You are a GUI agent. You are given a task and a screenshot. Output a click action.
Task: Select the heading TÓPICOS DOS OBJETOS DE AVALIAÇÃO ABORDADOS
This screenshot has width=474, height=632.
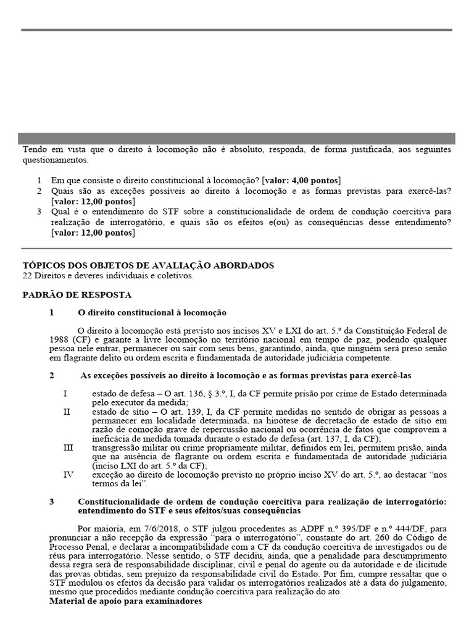(x=148, y=265)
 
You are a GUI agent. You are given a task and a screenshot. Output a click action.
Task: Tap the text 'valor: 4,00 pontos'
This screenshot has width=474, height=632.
(x=301, y=180)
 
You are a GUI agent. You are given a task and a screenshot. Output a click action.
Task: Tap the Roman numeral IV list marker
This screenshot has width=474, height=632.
(x=69, y=475)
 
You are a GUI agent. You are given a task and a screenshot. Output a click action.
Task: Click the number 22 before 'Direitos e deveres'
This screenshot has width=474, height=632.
(x=28, y=276)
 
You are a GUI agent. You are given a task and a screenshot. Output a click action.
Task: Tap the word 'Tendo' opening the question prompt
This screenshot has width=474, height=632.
(x=35, y=150)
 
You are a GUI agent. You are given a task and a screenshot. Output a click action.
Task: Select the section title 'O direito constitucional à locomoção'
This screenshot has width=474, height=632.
(x=152, y=313)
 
